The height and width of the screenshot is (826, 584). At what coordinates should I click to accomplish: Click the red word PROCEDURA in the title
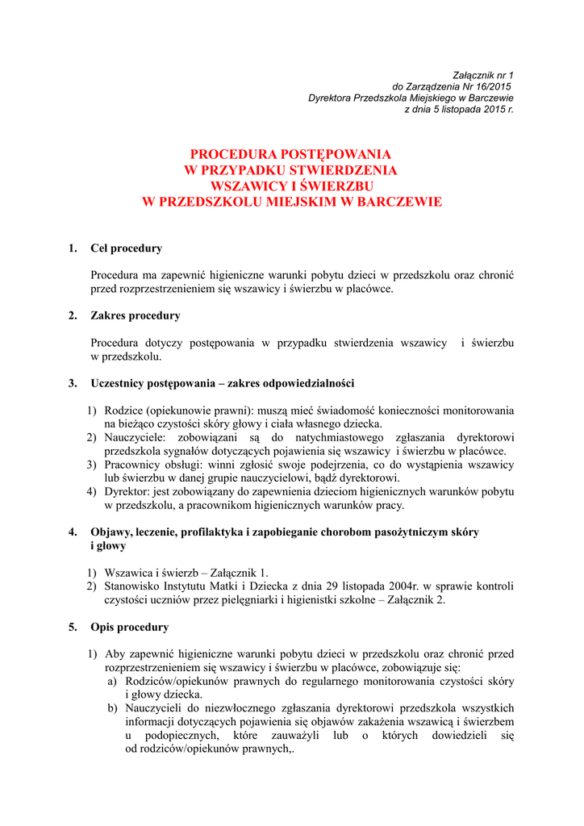click(x=231, y=154)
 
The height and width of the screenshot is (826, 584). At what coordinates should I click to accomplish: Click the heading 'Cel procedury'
click(x=126, y=248)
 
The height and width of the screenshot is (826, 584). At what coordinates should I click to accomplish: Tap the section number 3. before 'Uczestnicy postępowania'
click(x=73, y=382)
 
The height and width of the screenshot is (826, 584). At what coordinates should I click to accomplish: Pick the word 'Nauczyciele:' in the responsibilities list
click(x=136, y=438)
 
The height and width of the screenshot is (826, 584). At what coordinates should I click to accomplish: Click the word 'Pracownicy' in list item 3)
click(x=133, y=465)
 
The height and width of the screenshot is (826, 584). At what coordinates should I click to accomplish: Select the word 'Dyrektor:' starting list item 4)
click(x=128, y=493)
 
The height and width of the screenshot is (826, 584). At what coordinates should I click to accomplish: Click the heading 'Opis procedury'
click(x=130, y=627)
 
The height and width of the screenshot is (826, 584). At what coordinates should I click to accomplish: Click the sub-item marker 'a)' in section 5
click(x=113, y=682)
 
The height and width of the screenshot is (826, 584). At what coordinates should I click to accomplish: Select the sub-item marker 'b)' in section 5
click(x=113, y=708)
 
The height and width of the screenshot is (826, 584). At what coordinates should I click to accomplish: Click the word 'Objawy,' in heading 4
click(x=112, y=532)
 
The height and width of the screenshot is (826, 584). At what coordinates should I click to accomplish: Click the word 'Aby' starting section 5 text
click(x=115, y=654)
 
